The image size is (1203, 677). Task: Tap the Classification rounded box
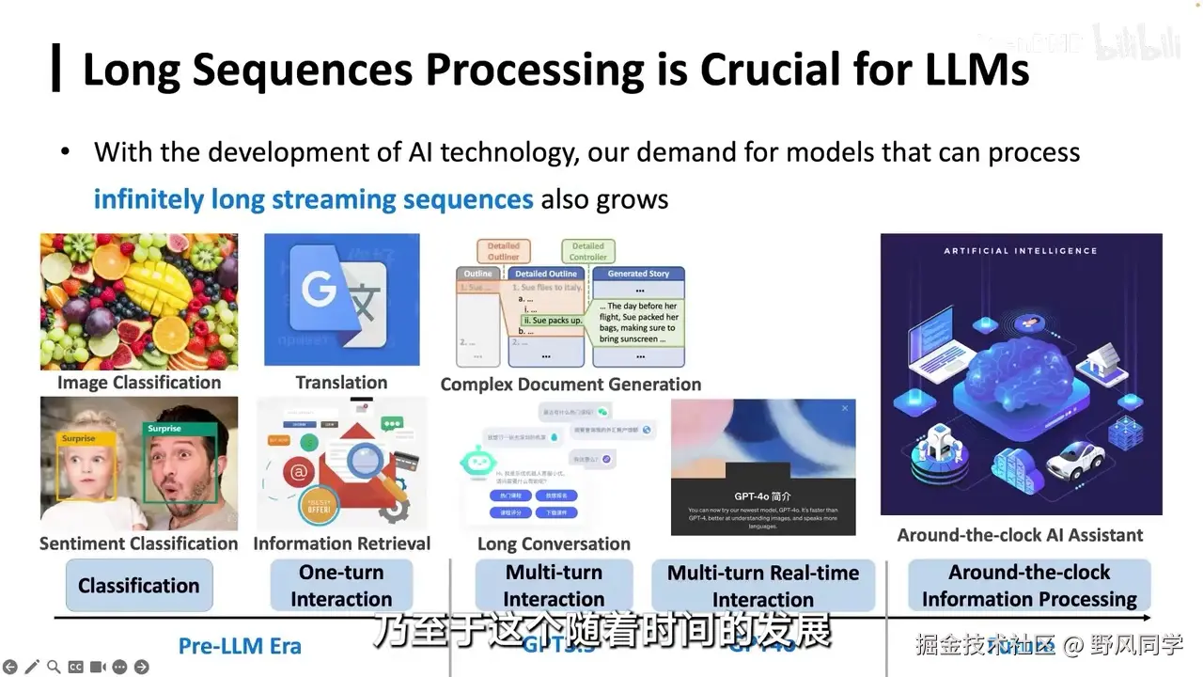point(139,586)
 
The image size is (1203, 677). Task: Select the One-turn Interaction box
point(341,586)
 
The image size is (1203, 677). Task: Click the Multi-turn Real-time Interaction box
point(763,586)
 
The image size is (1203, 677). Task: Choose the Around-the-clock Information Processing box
point(1029,586)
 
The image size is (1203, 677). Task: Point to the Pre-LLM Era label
point(240,646)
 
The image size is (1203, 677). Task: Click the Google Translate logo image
point(341,299)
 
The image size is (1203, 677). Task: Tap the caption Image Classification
point(139,383)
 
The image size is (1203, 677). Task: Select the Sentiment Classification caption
point(139,543)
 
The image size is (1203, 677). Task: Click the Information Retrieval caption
point(341,543)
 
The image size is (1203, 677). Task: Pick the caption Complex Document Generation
point(570,385)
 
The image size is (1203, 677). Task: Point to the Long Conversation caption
point(554,544)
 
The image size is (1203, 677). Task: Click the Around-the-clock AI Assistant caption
point(1020,535)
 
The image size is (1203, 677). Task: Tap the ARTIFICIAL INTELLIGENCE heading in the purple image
point(1021,251)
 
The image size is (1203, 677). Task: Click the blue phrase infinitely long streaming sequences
point(313,199)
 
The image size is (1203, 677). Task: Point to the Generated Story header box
point(638,274)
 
